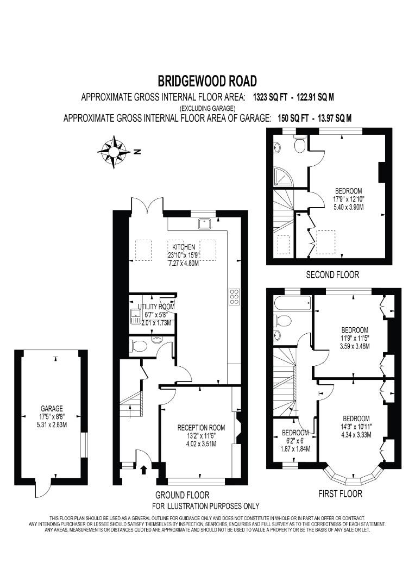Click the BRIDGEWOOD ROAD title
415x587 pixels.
(207, 81)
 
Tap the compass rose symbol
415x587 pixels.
(113, 152)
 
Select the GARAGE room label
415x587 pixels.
(52, 408)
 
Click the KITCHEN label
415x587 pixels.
(184, 247)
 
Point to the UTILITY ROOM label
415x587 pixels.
(156, 307)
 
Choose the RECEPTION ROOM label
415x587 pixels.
(202, 428)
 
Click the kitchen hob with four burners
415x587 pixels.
(234, 297)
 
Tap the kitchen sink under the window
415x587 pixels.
(204, 223)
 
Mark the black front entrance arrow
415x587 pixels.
(143, 470)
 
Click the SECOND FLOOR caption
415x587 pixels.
(332, 275)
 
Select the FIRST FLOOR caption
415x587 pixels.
(340, 494)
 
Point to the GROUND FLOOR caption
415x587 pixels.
(182, 495)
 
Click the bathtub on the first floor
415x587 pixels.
(292, 303)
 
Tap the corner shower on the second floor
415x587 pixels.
(285, 177)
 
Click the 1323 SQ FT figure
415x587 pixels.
(270, 97)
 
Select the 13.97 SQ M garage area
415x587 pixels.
(335, 118)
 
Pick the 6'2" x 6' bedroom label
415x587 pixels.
(295, 441)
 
